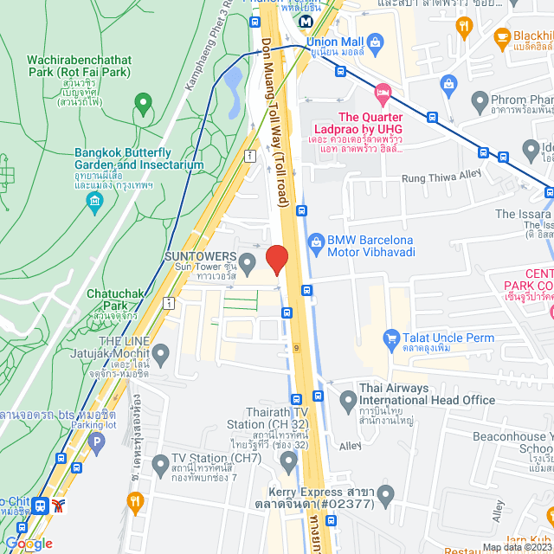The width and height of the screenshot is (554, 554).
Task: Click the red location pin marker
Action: pyautogui.click(x=276, y=259)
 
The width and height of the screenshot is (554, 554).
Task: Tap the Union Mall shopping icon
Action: pyautogui.click(x=376, y=41)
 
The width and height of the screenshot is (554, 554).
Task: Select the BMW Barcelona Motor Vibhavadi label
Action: pyautogui.click(x=370, y=246)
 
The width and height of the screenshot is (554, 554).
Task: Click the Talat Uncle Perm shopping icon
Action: pyautogui.click(x=391, y=338)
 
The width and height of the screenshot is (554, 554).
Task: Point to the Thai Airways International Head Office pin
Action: pyautogui.click(x=347, y=400)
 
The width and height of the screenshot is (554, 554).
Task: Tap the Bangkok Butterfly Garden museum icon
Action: pyautogui.click(x=94, y=202)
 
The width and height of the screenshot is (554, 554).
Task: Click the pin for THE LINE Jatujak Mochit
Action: pyautogui.click(x=161, y=352)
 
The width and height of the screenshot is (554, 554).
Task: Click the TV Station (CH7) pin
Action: pyautogui.click(x=159, y=465)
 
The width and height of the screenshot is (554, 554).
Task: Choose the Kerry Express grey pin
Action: pyautogui.click(x=386, y=496)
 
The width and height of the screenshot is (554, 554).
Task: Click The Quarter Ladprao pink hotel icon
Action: pyautogui.click(x=382, y=91)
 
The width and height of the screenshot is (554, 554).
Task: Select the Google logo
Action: pyautogui.click(x=28, y=543)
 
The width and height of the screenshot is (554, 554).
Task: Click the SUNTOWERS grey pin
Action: pyautogui.click(x=247, y=261)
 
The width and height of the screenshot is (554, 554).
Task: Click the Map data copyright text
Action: pyautogui.click(x=517, y=547)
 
